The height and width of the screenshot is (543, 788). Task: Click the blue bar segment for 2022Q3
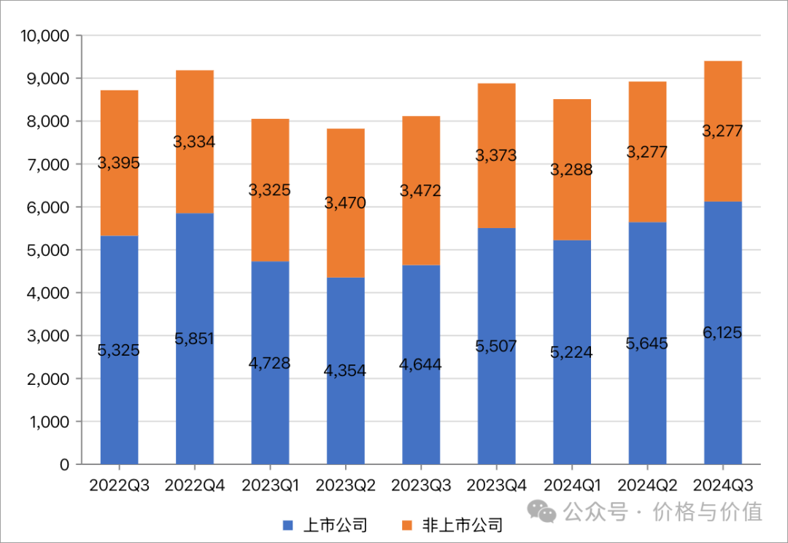[119, 408]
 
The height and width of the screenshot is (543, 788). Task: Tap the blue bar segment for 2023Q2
[345, 415]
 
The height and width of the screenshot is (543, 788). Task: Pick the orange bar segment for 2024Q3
[722, 168]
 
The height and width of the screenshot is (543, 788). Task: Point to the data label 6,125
[722, 333]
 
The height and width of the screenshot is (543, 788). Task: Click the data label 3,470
[345, 203]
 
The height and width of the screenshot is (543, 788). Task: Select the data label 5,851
[194, 339]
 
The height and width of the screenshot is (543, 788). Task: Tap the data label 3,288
[571, 171]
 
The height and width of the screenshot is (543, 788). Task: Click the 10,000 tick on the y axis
[45, 36]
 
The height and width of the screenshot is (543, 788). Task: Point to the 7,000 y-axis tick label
[50, 165]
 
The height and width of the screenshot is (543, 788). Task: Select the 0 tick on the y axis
[64, 464]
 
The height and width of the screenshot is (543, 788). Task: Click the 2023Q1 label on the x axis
[270, 485]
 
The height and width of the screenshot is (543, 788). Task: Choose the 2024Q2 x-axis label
[647, 485]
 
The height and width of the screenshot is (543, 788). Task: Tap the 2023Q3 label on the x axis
[421, 485]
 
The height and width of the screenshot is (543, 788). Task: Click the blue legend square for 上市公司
[287, 525]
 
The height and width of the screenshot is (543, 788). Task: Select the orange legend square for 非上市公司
[407, 525]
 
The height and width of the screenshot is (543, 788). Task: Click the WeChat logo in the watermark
[544, 510]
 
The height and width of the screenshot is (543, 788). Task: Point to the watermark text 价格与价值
[708, 511]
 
